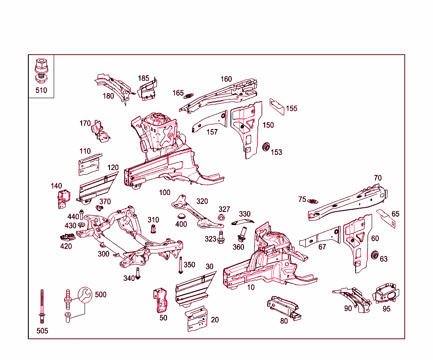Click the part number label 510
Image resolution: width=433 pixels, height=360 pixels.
[41, 90]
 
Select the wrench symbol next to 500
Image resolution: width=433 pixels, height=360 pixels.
[84, 295]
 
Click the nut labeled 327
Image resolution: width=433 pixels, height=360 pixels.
[221, 217]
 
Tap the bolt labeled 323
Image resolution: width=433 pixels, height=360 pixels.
[221, 237]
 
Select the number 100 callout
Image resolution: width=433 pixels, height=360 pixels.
[164, 192]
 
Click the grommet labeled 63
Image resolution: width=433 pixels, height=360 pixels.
[374, 256]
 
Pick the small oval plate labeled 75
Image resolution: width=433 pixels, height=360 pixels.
[313, 201]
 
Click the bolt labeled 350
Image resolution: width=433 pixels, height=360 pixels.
[181, 265]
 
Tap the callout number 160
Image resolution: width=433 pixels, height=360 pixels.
[226, 79]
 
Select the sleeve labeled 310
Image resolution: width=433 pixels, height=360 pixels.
[153, 230]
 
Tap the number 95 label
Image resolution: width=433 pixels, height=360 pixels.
[386, 309]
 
